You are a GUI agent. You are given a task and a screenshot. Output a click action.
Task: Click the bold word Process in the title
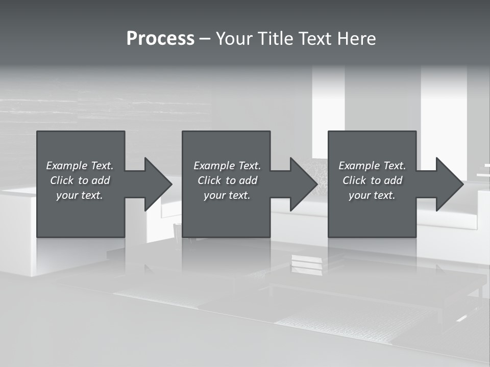(160, 39)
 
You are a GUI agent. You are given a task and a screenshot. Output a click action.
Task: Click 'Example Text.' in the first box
(80, 166)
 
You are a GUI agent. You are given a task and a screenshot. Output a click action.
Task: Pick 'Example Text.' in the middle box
(227, 166)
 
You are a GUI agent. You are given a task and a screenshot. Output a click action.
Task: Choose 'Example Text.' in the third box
(372, 166)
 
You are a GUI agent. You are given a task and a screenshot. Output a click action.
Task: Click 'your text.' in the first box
(80, 195)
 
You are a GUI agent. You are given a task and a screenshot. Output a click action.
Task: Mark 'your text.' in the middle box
(227, 195)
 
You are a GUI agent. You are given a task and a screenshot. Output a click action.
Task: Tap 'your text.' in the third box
(372, 195)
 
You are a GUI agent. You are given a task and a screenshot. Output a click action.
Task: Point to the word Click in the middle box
(209, 180)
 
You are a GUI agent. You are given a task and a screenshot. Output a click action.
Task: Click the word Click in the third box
(354, 180)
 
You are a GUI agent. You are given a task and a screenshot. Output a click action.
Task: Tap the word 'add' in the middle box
(248, 180)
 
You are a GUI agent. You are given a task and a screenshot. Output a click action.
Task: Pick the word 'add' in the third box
(393, 180)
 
